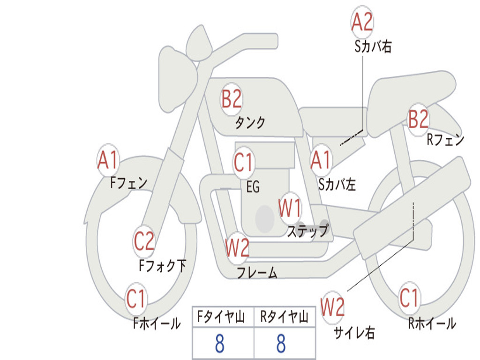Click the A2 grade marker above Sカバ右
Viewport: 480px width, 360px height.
[362, 22]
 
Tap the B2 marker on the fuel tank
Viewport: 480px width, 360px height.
[232, 99]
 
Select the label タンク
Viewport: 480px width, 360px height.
[250, 122]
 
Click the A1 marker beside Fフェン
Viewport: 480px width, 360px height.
[108, 160]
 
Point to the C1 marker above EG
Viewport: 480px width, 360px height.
[243, 162]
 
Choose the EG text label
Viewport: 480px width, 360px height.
[253, 187]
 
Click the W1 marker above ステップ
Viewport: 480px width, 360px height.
[290, 208]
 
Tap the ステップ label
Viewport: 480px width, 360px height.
[307, 231]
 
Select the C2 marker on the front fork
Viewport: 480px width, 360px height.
[144, 241]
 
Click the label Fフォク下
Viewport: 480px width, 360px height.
[163, 265]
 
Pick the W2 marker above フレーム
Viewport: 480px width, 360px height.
[237, 247]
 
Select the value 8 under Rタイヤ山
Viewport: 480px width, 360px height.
[281, 343]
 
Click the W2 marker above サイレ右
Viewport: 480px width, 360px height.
[332, 307]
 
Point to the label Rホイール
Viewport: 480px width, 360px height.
[432, 323]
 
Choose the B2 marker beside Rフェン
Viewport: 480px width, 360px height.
[419, 119]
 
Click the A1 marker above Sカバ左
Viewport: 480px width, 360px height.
[322, 160]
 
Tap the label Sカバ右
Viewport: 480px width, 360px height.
[373, 46]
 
